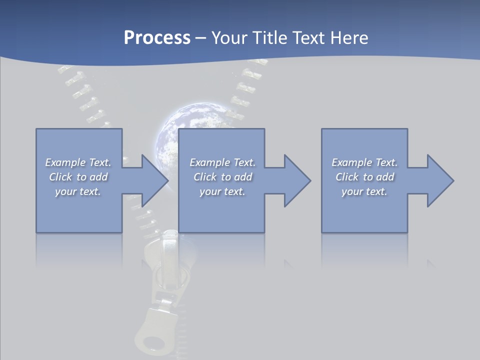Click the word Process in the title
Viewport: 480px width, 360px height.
tap(157, 37)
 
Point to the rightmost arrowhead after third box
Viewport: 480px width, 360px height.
tap(439, 180)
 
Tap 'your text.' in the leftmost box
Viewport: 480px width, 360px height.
tap(78, 191)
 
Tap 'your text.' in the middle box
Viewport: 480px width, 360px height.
tap(222, 191)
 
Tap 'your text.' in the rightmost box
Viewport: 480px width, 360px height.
tap(364, 191)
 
